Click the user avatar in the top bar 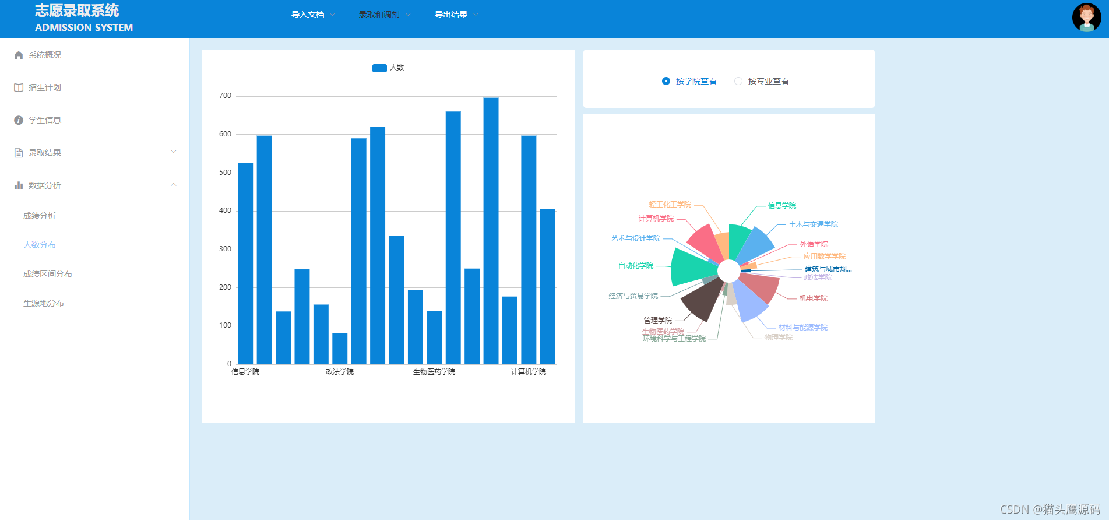[x=1086, y=17]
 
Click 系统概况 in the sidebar [x=45, y=55]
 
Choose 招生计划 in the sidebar [x=45, y=87]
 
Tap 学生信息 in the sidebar [x=45, y=120]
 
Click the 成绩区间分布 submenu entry [x=48, y=274]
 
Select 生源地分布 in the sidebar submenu [x=44, y=303]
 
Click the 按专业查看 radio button [x=738, y=81]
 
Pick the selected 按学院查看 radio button [x=666, y=81]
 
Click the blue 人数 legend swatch [x=379, y=68]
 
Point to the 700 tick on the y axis [x=225, y=96]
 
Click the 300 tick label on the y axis [x=225, y=249]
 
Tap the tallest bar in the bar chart [x=491, y=231]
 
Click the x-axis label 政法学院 [x=340, y=372]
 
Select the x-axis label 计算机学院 [x=529, y=372]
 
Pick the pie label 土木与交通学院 [x=814, y=224]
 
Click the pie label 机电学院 [x=814, y=298]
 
